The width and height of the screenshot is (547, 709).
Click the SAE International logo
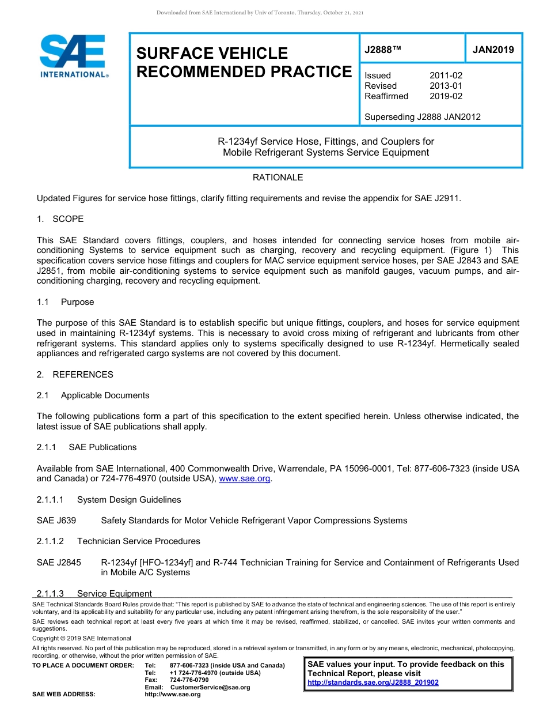pyautogui.click(x=73, y=56)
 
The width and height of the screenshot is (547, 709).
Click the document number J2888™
pyautogui.click(x=382, y=50)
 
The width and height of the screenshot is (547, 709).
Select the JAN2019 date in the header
pyautogui.click(x=493, y=50)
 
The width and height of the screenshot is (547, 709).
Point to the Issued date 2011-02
pyautogui.click(x=446, y=76)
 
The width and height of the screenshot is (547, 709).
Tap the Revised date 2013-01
pyautogui.click(x=446, y=86)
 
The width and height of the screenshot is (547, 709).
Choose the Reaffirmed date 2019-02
pyautogui.click(x=446, y=96)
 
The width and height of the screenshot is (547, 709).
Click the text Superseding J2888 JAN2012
pyautogui.click(x=422, y=117)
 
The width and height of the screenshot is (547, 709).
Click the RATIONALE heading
pyautogui.click(x=278, y=178)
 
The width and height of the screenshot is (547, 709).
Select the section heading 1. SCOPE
pyautogui.click(x=60, y=219)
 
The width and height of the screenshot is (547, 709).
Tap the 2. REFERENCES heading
pyautogui.click(x=75, y=375)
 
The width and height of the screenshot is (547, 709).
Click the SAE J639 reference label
pyautogui.click(x=56, y=521)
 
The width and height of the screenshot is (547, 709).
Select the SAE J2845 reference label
pyautogui.click(x=59, y=563)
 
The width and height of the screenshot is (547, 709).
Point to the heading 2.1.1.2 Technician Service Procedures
pyautogui.click(x=118, y=541)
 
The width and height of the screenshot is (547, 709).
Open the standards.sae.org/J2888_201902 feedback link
pyautogui.click(x=373, y=682)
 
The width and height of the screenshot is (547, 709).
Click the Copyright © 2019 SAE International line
pyautogui.click(x=82, y=638)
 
